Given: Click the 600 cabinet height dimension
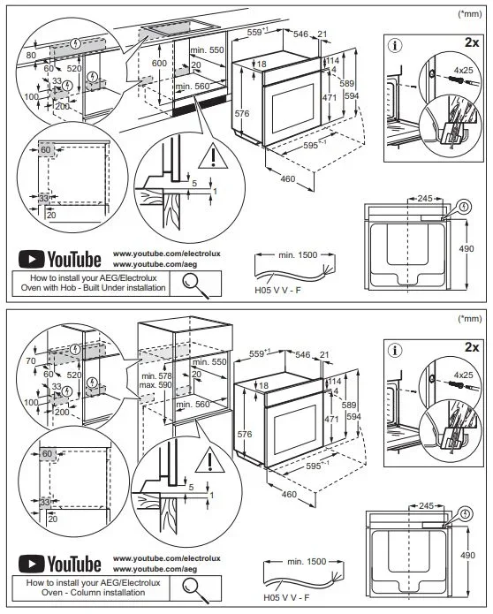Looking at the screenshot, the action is click(159, 63).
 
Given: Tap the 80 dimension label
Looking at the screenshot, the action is click(31, 55).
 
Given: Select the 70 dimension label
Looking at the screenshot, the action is click(31, 361).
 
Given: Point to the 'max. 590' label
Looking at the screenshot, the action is click(155, 385).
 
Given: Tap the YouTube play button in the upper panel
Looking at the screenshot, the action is click(31, 260).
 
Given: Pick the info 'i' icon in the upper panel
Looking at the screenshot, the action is click(395, 45).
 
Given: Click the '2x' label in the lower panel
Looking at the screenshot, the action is click(472, 347).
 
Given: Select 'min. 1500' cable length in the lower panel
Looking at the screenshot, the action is click(307, 561).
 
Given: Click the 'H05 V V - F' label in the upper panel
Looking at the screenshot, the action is click(278, 290).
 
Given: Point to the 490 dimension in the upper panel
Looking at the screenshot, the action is click(466, 248).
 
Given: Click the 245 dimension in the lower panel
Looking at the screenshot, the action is click(426, 505).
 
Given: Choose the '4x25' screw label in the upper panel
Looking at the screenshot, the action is click(463, 70).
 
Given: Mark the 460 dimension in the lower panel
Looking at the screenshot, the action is click(289, 494).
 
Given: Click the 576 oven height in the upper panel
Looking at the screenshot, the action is click(242, 114).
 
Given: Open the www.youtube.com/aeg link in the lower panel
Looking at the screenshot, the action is click(155, 569).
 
